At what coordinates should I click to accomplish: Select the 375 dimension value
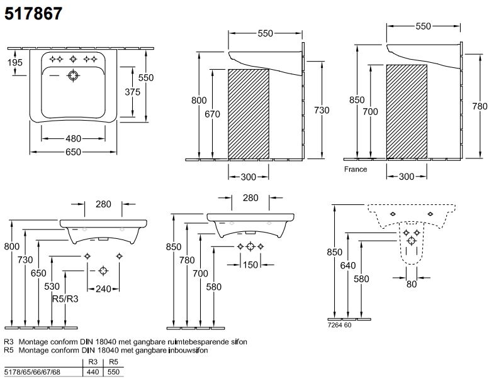tap(132, 91)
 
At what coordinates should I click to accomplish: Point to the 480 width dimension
tap(72, 138)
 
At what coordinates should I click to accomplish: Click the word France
tap(355, 169)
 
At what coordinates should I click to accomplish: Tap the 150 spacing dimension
tap(250, 265)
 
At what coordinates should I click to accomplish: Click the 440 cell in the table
tap(92, 372)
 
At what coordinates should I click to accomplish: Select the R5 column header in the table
tap(113, 363)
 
